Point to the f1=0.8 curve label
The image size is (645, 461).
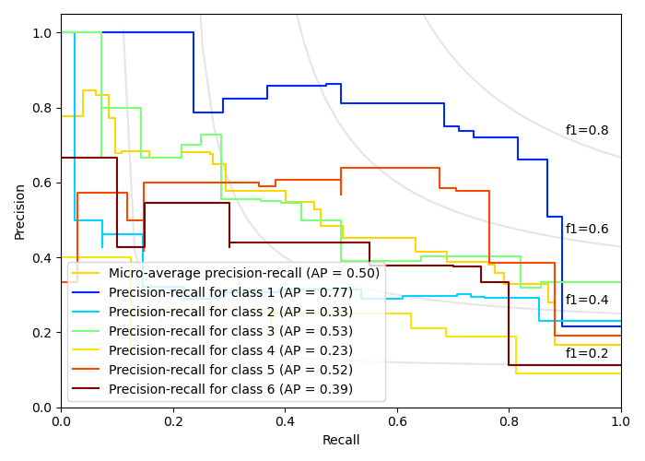pos(587,131)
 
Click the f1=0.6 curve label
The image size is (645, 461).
pos(587,230)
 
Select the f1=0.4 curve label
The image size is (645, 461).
pos(587,301)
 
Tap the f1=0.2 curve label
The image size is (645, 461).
pos(587,353)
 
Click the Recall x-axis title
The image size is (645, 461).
pos(341,441)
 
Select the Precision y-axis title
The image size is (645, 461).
pos(20,211)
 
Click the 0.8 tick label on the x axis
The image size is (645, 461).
pos(509,420)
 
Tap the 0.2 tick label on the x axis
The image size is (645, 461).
pos(173,420)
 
